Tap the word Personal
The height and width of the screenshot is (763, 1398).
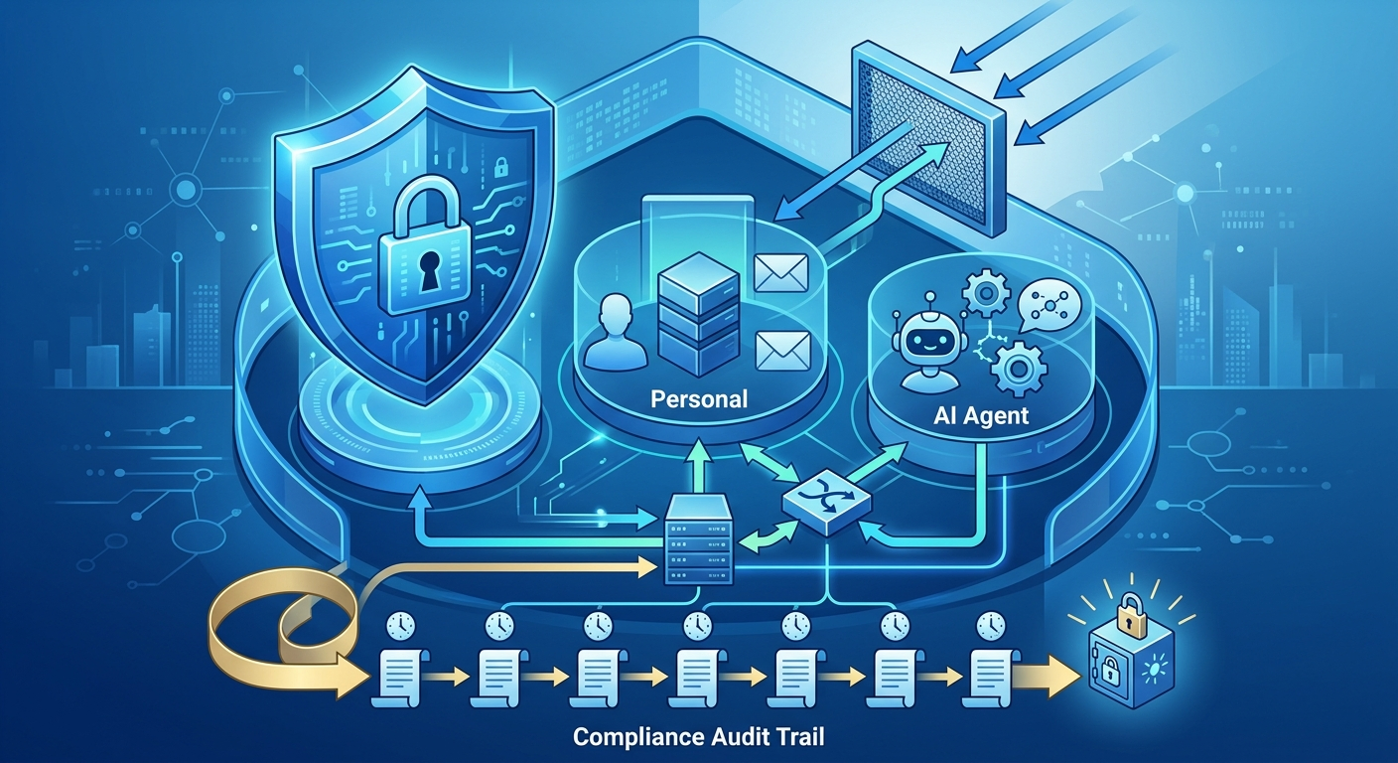pos(699,399)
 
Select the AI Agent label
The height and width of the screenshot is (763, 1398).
pos(980,415)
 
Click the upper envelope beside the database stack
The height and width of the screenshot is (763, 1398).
pos(781,272)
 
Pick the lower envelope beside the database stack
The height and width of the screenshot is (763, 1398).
pos(782,351)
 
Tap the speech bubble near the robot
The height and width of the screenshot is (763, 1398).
pos(1046,306)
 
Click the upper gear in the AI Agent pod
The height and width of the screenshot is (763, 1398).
pos(986,292)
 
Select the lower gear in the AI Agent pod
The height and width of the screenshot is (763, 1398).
pos(1019,369)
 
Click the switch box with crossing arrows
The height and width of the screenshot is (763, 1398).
pos(826,502)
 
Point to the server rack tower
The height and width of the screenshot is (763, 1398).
pos(698,540)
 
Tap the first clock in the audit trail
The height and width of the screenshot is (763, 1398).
pos(400,626)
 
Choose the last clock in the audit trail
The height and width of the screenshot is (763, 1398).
pos(991,626)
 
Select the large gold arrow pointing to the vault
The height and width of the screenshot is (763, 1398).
pos(1048,677)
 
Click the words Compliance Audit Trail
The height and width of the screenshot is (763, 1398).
pos(698,737)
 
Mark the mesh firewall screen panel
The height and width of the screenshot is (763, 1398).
pos(928,138)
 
